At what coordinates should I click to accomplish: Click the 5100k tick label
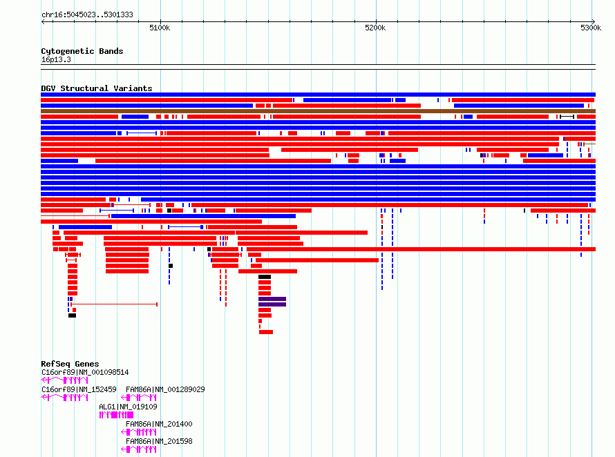160,28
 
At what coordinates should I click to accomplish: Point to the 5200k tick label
375,28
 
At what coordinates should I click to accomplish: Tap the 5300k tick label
591,28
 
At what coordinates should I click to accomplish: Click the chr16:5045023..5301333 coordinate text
88,14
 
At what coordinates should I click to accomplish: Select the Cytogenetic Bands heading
82,51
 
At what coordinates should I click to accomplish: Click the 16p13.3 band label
56,59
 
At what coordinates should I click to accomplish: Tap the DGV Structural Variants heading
97,88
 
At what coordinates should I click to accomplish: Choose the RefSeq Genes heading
70,364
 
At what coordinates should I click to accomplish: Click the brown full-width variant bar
318,111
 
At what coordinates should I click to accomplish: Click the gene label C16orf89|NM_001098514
85,372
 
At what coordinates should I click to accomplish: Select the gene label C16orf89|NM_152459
79,389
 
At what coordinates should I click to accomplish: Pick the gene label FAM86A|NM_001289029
165,389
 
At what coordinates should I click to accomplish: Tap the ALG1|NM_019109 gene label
129,407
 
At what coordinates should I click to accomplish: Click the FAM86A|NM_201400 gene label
159,424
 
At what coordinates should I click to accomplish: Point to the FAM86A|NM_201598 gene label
159,441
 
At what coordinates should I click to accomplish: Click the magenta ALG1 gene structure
116,415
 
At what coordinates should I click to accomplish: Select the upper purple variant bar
272,299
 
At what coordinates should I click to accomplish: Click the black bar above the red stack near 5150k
265,277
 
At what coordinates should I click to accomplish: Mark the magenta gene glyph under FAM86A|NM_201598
139,449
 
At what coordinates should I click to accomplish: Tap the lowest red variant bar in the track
266,332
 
